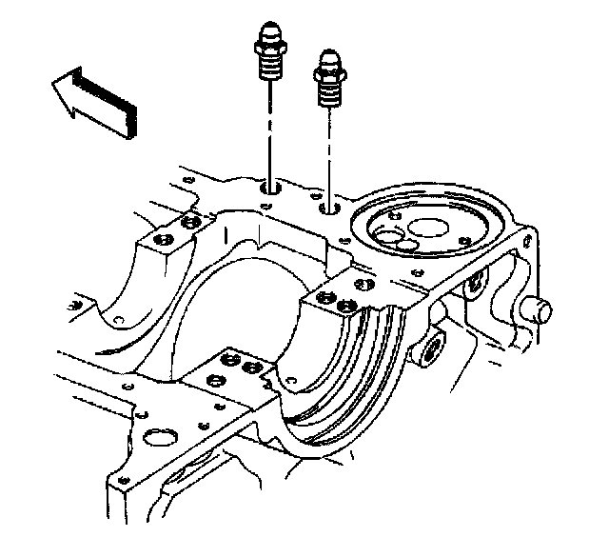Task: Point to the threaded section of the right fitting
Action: (330, 93)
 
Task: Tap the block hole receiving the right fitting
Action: (330, 208)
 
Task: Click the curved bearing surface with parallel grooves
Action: (362, 381)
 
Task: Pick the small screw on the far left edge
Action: (74, 305)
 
